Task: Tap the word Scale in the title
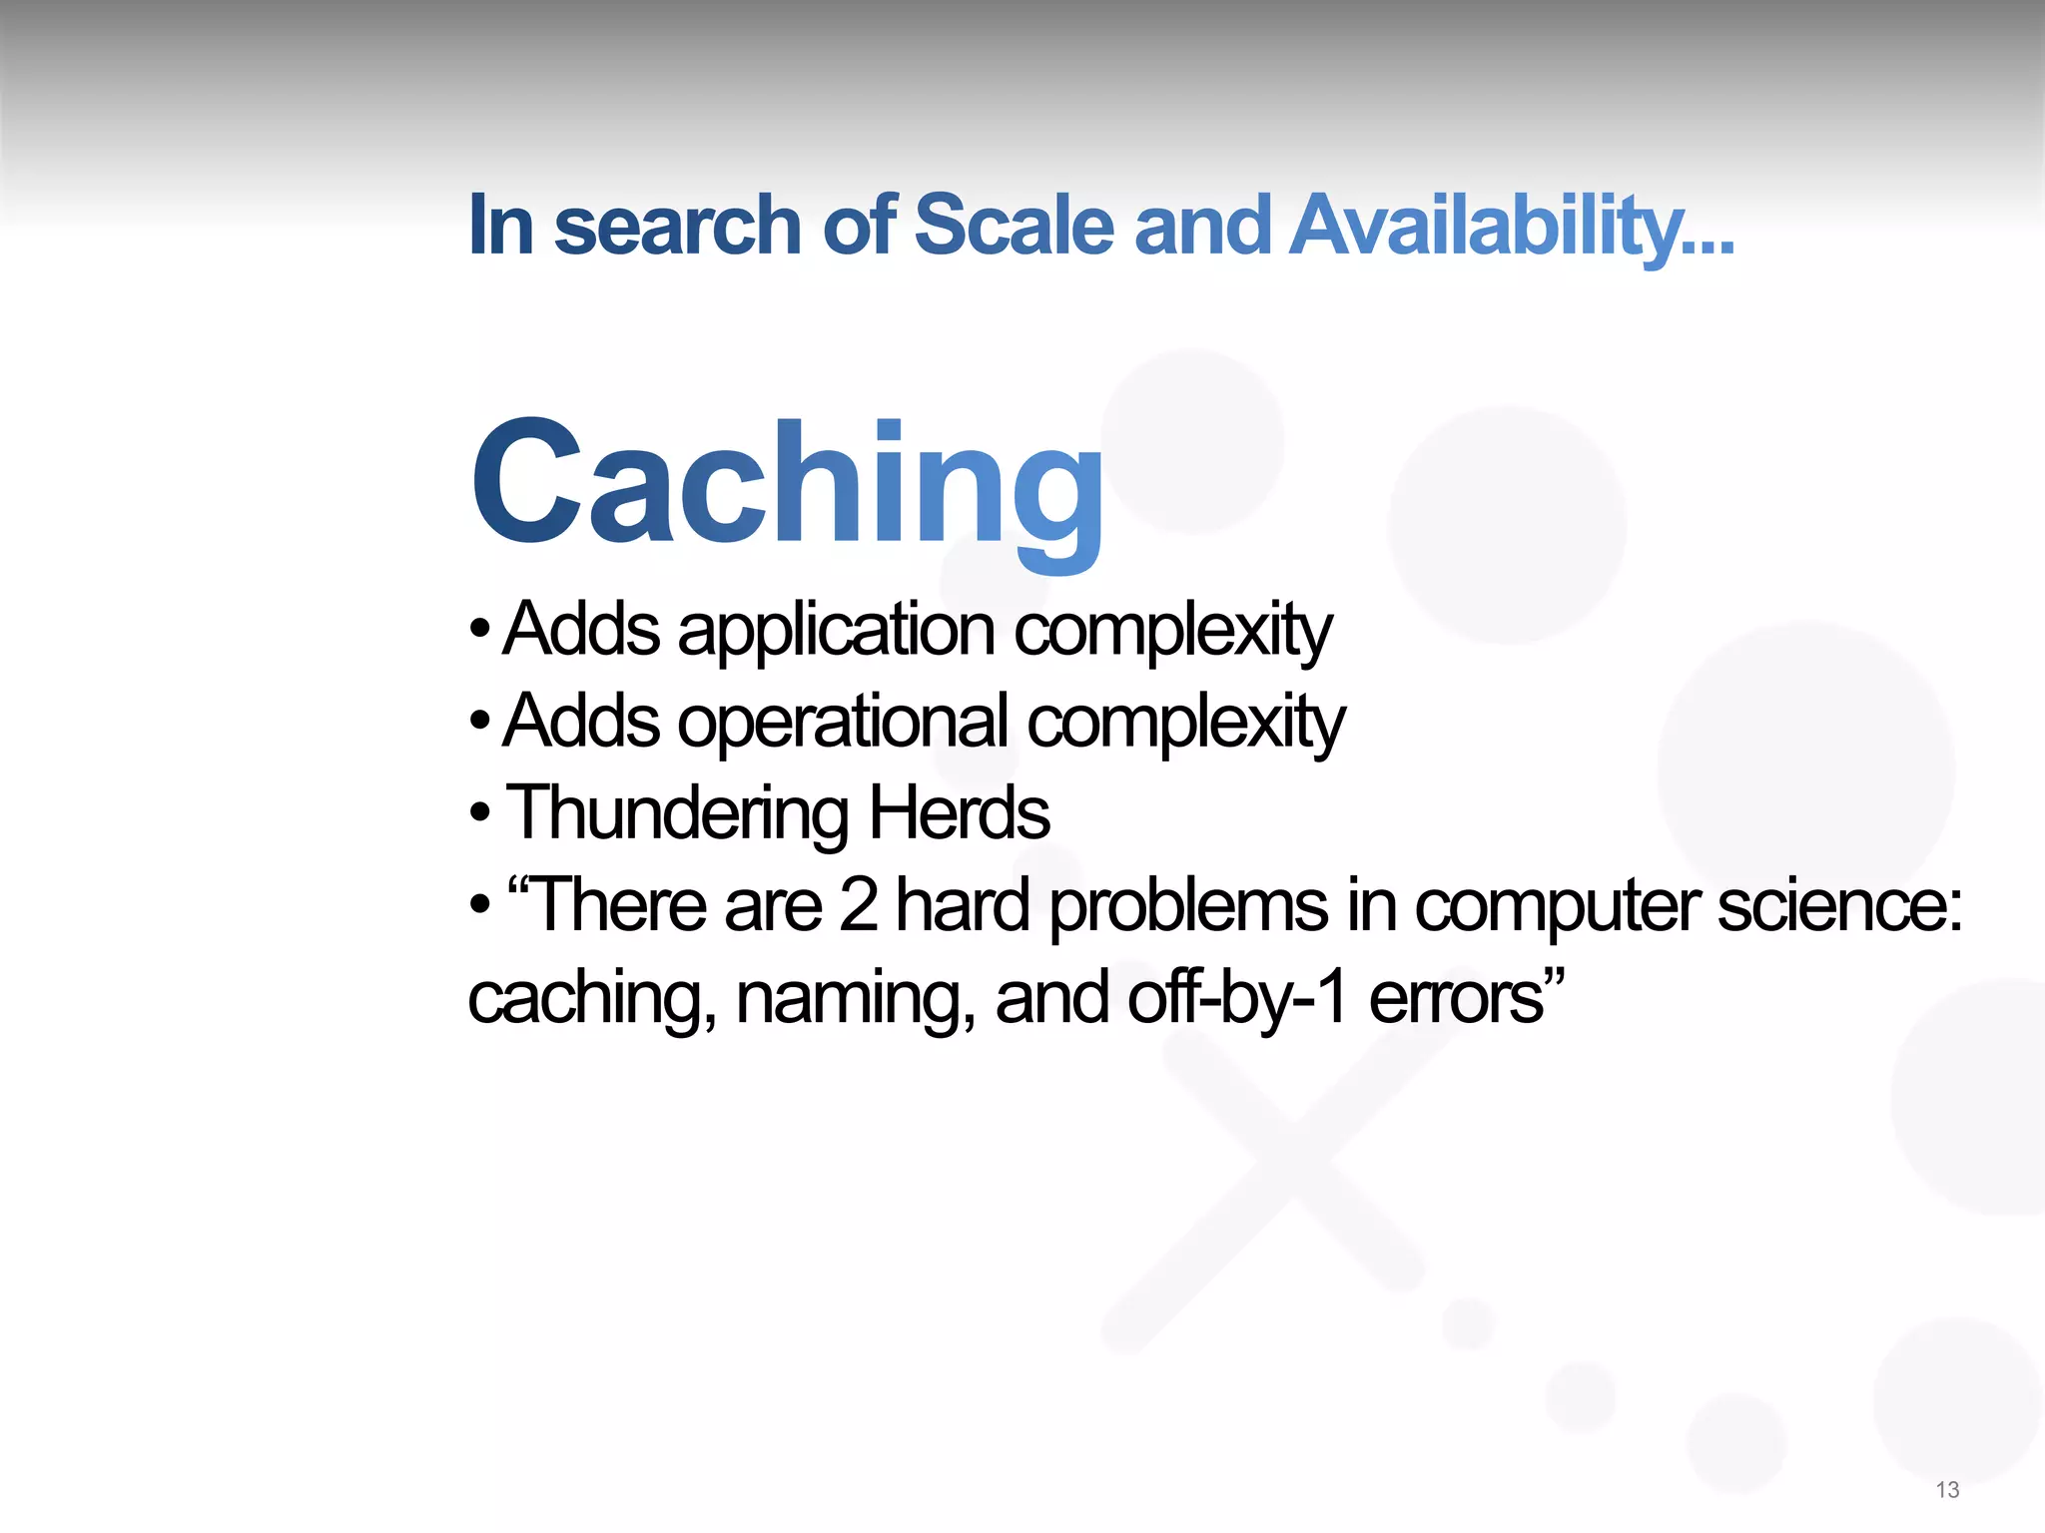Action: click(x=1013, y=225)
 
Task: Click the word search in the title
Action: click(x=677, y=225)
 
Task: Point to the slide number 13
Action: click(x=1947, y=1490)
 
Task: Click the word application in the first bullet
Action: click(x=836, y=631)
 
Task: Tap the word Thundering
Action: click(x=678, y=813)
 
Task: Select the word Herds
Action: click(x=959, y=813)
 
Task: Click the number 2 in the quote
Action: click(x=858, y=905)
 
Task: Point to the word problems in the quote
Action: click(x=1188, y=906)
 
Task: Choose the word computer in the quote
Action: click(x=1558, y=906)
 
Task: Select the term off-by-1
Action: click(x=1238, y=998)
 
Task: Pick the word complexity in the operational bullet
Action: click(x=1185, y=723)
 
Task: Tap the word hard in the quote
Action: click(x=962, y=905)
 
